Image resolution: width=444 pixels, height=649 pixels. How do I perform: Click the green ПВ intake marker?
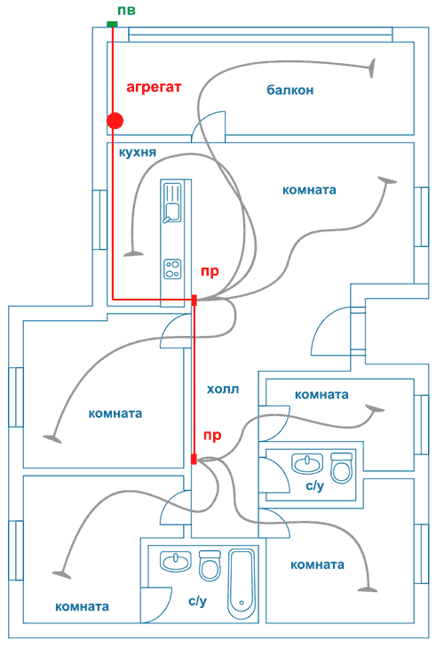[112, 24]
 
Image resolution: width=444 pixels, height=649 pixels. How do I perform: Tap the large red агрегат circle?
[115, 121]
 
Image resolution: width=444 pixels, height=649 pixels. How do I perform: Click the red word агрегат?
[154, 88]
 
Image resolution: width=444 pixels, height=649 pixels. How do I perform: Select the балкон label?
[289, 90]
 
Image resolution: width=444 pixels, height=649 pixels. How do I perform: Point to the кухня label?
[138, 152]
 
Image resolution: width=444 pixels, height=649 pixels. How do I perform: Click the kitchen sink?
[172, 203]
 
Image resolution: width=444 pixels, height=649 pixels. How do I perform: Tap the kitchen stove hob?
[172, 269]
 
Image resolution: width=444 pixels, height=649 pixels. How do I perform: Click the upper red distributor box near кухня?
[194, 300]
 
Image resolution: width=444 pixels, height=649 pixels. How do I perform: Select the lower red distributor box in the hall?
[194, 459]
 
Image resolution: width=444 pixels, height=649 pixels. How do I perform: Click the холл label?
[223, 389]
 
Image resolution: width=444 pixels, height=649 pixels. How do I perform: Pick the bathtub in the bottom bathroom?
[242, 583]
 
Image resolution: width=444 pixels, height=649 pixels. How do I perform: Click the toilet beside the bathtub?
[210, 565]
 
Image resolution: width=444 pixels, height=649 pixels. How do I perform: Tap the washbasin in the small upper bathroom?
[306, 463]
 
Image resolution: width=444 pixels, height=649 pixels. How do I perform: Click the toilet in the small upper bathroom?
[342, 469]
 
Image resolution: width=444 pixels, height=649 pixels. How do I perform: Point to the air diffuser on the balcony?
[372, 68]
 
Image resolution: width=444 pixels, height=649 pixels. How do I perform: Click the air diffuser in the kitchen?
[133, 253]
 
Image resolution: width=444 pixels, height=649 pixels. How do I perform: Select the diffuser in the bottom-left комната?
[61, 574]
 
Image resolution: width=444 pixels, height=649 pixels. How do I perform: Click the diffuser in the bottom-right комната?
[368, 589]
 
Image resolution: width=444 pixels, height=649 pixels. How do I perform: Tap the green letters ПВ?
[126, 11]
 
